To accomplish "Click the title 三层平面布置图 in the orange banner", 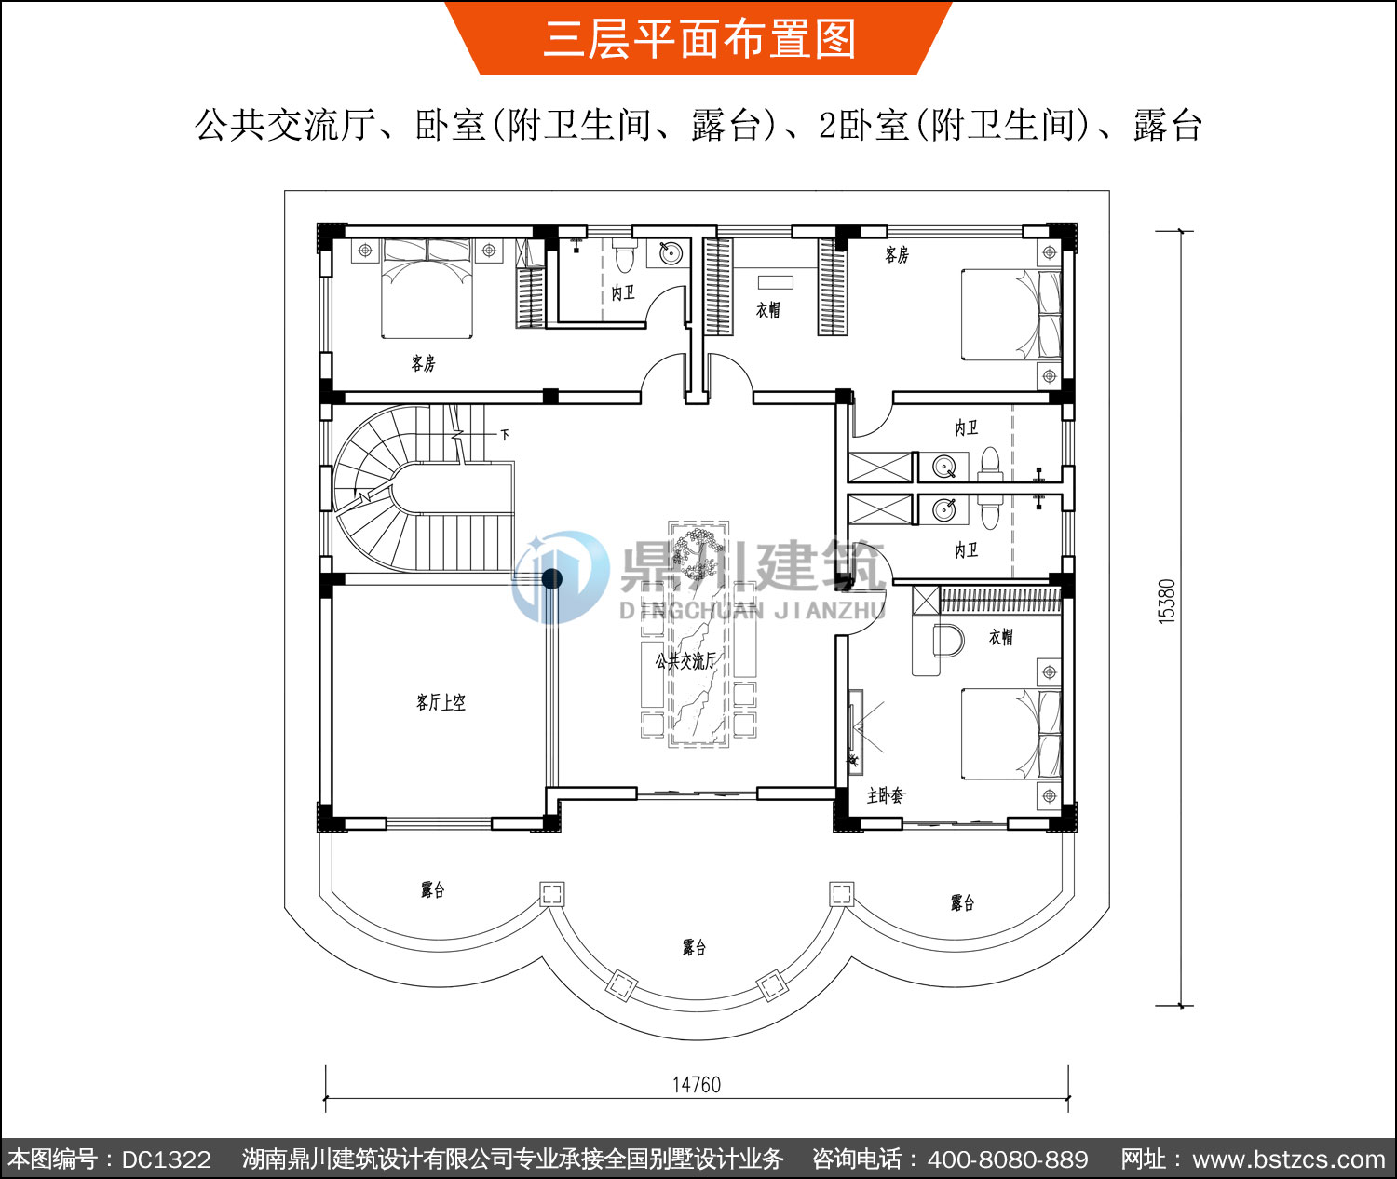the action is [x=698, y=38].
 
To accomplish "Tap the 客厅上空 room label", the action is [x=441, y=702].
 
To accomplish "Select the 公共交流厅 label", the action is [x=685, y=661].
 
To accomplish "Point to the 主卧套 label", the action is [x=885, y=795].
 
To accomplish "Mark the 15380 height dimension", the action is [x=1166, y=602].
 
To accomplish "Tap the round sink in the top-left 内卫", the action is [x=670, y=253].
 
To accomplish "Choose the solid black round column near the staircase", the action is [x=551, y=579].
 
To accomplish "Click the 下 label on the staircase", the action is [x=505, y=434].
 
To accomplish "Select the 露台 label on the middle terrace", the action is [x=694, y=947].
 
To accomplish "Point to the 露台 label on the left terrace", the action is [x=432, y=890].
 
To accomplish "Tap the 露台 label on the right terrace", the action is [x=962, y=902].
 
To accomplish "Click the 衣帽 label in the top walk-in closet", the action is [x=768, y=310].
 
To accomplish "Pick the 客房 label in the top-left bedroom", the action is [x=423, y=363].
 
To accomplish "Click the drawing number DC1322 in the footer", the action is [x=166, y=1159].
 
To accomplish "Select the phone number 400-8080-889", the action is [x=1008, y=1159].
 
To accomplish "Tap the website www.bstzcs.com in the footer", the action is [x=1289, y=1159].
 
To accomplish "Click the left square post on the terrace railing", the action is [x=551, y=893].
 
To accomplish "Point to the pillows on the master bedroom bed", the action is [x=1049, y=734].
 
